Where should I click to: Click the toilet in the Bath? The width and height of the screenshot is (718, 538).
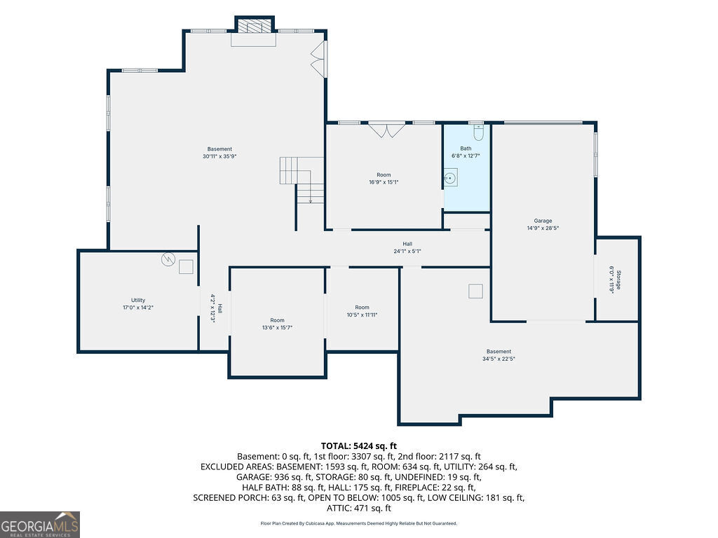click(x=478, y=132)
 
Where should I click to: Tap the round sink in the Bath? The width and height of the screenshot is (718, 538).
click(x=451, y=178)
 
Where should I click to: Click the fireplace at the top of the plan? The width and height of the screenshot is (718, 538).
click(x=255, y=26)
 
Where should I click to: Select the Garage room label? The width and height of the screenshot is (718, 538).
click(x=543, y=221)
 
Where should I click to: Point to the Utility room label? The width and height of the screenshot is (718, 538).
click(x=138, y=300)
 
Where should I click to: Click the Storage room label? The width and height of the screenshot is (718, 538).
click(x=618, y=280)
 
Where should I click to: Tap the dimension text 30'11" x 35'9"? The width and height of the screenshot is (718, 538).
click(x=219, y=156)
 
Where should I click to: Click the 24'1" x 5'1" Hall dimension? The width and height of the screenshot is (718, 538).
click(x=407, y=251)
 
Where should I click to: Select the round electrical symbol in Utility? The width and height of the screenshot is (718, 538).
click(x=168, y=259)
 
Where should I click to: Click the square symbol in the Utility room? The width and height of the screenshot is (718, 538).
click(x=186, y=267)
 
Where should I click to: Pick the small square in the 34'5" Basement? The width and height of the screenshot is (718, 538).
click(x=476, y=291)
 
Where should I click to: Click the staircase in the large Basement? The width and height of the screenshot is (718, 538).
click(x=302, y=180)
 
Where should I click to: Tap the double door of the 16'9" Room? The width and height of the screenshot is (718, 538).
click(x=387, y=130)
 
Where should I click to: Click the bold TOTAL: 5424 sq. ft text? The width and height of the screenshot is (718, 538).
click(x=359, y=446)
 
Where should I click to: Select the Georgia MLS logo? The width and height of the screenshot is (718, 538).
click(x=40, y=525)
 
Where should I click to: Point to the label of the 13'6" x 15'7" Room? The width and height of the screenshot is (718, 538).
click(x=277, y=320)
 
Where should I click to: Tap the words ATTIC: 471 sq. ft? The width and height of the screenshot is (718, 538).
click(x=359, y=509)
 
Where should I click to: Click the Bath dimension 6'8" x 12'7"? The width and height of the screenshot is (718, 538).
click(x=466, y=156)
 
